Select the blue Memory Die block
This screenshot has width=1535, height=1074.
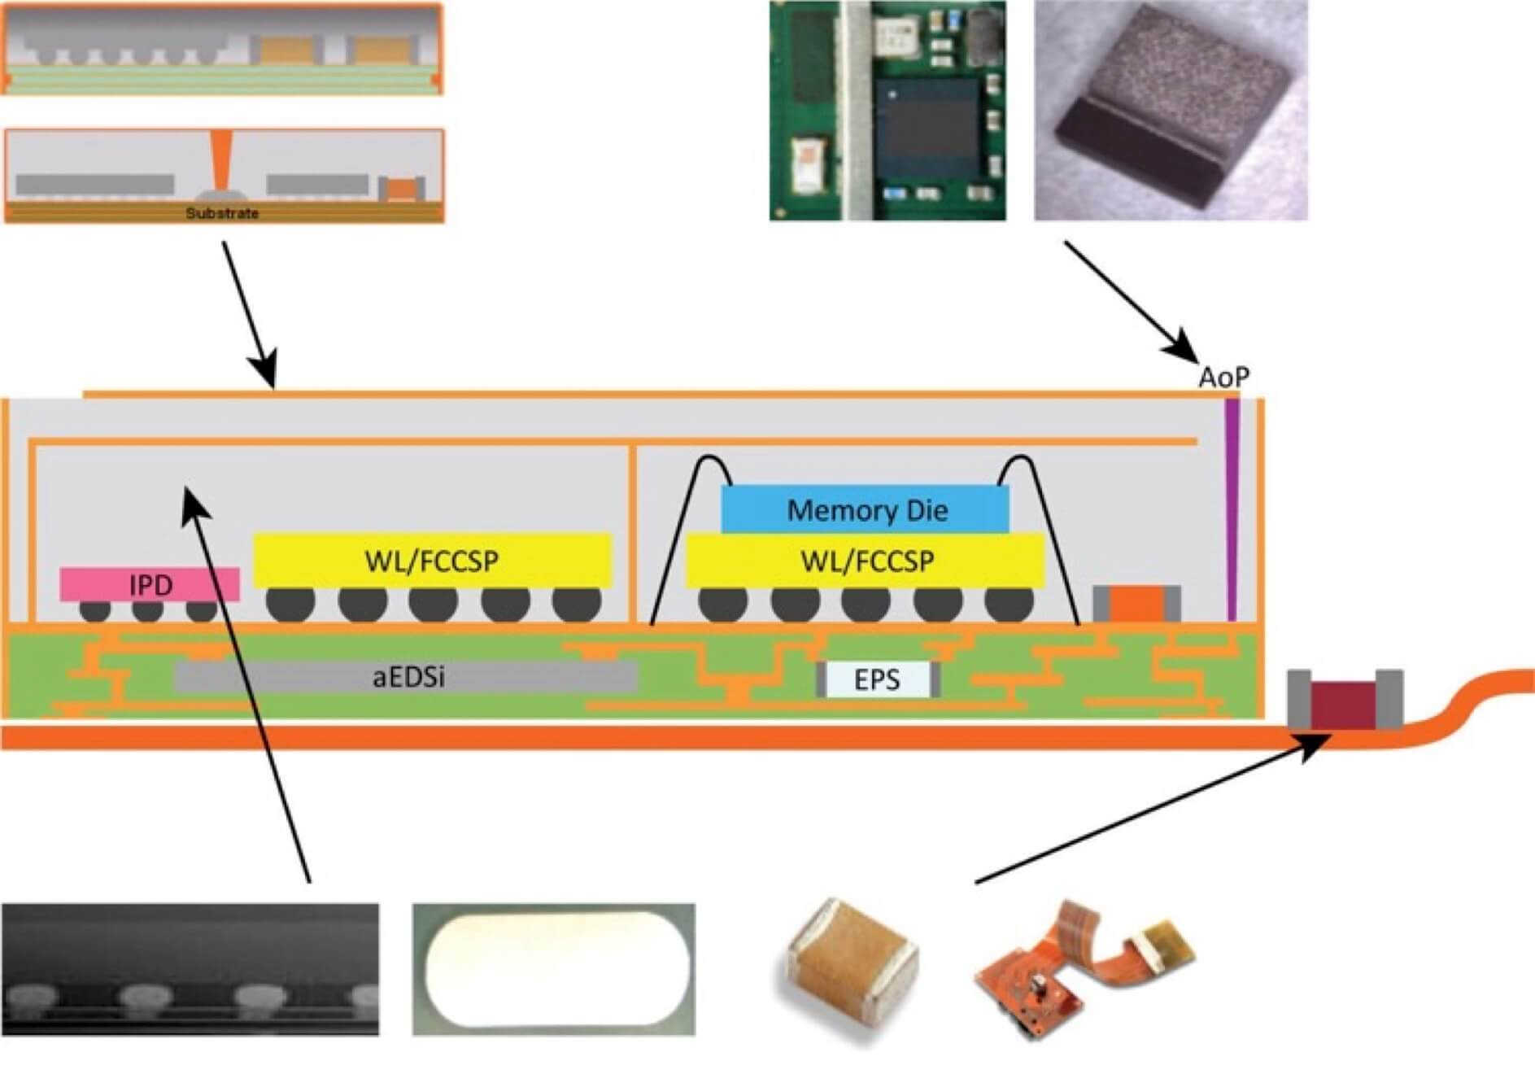tap(866, 510)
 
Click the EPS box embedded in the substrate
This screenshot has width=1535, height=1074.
tap(878, 679)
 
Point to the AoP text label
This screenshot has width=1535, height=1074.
tap(1223, 378)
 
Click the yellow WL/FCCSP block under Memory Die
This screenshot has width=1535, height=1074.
tap(866, 561)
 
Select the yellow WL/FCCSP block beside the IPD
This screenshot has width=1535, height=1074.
tap(432, 561)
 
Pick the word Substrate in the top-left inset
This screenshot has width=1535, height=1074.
tap(222, 213)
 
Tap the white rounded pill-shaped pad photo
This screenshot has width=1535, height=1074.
tap(554, 968)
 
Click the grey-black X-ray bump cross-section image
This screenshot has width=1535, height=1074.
tap(190, 968)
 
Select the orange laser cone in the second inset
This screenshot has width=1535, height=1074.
tap(220, 159)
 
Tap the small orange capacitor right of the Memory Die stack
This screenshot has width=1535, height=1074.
tap(1136, 604)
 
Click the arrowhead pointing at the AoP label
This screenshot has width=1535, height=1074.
tap(1184, 351)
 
